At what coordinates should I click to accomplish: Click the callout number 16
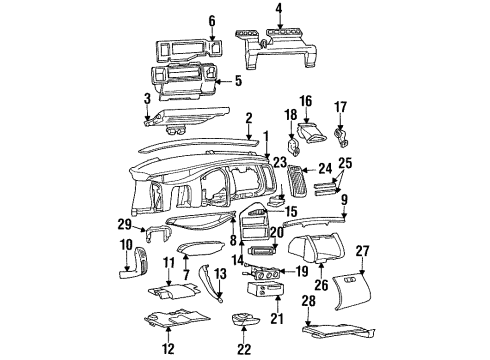(306, 101)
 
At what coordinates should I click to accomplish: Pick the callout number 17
(341, 106)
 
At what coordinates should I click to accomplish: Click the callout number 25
(347, 162)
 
